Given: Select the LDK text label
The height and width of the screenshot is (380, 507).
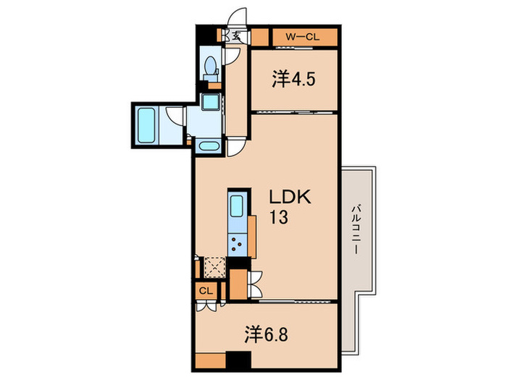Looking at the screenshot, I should (x=290, y=198).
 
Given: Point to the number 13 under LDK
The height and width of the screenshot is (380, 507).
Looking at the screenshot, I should (x=280, y=217).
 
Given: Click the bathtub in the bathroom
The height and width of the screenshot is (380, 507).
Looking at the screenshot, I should (x=146, y=124).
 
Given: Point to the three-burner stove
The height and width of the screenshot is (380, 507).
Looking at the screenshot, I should (x=237, y=243).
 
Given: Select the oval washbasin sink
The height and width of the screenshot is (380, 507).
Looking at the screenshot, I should (x=209, y=145).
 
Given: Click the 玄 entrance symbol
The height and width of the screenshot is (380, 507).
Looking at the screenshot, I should (x=235, y=36).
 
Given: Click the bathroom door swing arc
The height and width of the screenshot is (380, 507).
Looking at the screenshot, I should (x=174, y=115).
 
